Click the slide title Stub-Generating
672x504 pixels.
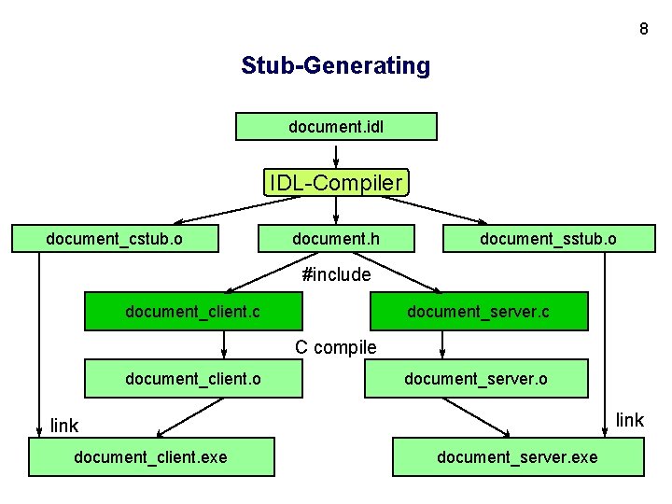tap(336, 66)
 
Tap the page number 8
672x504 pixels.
tap(643, 29)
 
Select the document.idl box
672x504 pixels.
tap(336, 126)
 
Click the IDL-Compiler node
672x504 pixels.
tap(336, 182)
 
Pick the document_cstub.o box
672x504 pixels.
tap(115, 239)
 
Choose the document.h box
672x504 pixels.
tap(336, 239)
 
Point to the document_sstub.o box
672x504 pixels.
tap(548, 239)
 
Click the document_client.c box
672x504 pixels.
tap(193, 312)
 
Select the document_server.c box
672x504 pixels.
tap(479, 312)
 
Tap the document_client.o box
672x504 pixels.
tap(193, 379)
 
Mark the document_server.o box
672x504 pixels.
tap(476, 379)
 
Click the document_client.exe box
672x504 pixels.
tap(151, 456)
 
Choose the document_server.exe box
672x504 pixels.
tap(518, 456)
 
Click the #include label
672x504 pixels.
tap(336, 274)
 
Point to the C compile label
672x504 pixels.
tap(336, 347)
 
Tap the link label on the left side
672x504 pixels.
tap(64, 426)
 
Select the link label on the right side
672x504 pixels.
tap(630, 420)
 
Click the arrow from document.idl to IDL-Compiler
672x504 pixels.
tap(336, 155)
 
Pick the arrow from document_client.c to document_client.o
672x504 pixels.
tap(225, 345)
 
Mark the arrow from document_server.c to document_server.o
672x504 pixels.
tap(442, 345)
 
